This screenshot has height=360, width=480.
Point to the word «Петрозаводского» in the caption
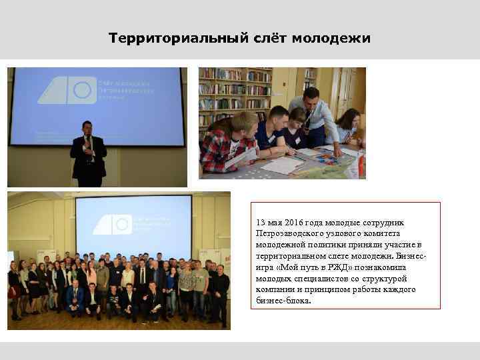pos(287,234)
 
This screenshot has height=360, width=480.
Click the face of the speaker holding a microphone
pos(87,127)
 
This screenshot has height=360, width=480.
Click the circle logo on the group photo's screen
pos(122,225)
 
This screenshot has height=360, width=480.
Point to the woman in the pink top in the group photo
pos(91,275)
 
